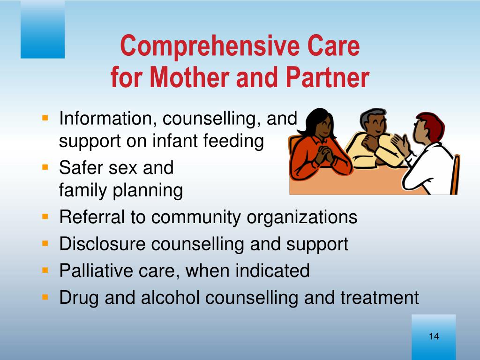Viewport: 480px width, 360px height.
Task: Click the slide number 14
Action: click(x=434, y=336)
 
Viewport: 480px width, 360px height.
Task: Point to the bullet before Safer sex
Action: click(x=45, y=167)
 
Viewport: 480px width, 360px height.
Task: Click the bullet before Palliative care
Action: click(x=45, y=270)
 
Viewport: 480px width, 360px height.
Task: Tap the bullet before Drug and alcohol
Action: click(x=45, y=297)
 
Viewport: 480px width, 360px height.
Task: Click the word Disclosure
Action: click(x=102, y=244)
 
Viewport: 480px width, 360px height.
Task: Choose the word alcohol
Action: click(x=170, y=297)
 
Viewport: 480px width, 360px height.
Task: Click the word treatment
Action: click(x=379, y=297)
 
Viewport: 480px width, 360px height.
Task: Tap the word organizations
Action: click(x=302, y=217)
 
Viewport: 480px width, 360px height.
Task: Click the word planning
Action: click(x=148, y=190)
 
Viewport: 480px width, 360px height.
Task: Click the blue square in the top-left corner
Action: click(x=43, y=29)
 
